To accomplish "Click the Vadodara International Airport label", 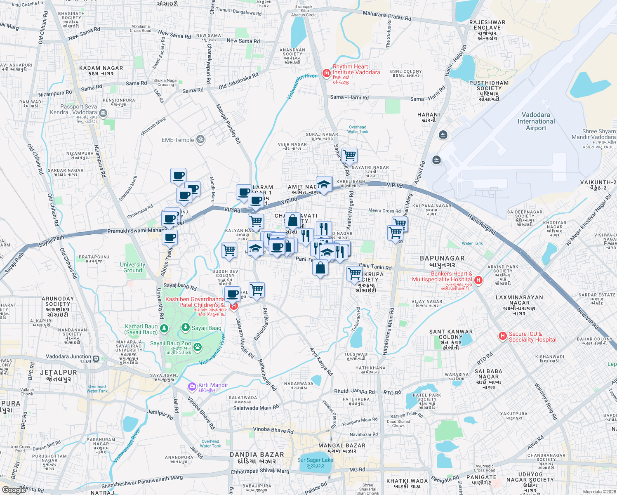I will click(x=536, y=121).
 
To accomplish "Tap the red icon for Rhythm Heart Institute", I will click(x=327, y=73).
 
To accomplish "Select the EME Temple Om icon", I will click(x=200, y=139).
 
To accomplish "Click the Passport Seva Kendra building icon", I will click(x=103, y=113).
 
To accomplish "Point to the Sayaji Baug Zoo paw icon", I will click(x=198, y=346).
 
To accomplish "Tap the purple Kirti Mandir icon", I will click(x=192, y=387).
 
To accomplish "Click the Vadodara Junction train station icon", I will click(x=96, y=358).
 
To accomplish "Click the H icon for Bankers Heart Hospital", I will click(x=478, y=280).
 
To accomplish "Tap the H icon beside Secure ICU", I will click(x=502, y=336).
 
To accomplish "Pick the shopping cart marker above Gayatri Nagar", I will click(x=349, y=156).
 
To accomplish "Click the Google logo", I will click(x=14, y=490).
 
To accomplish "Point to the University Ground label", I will click(x=132, y=267).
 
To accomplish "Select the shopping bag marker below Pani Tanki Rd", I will click(x=320, y=268).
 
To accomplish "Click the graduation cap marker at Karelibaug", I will click(x=324, y=184).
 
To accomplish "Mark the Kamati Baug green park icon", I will click(x=164, y=328).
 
